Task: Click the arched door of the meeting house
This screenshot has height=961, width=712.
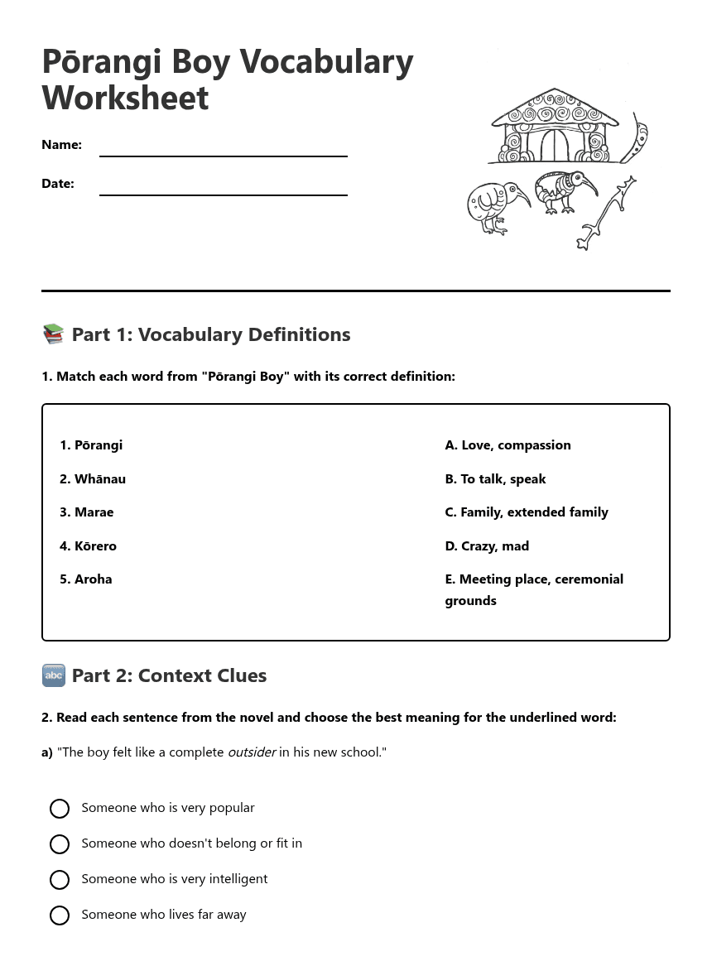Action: pyautogui.click(x=555, y=147)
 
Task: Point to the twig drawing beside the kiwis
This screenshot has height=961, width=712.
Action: pyautogui.click(x=609, y=214)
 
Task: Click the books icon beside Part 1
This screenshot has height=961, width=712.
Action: pyautogui.click(x=53, y=334)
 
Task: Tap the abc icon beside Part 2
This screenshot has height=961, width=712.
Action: pyautogui.click(x=53, y=675)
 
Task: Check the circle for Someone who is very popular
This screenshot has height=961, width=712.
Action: pyautogui.click(x=60, y=809)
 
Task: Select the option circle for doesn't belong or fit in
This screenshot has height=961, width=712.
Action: pyautogui.click(x=60, y=844)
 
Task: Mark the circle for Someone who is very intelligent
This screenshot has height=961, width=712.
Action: pyautogui.click(x=60, y=880)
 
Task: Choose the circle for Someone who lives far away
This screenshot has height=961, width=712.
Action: pyautogui.click(x=60, y=915)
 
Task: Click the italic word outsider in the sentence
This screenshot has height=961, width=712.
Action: pyautogui.click(x=252, y=752)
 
